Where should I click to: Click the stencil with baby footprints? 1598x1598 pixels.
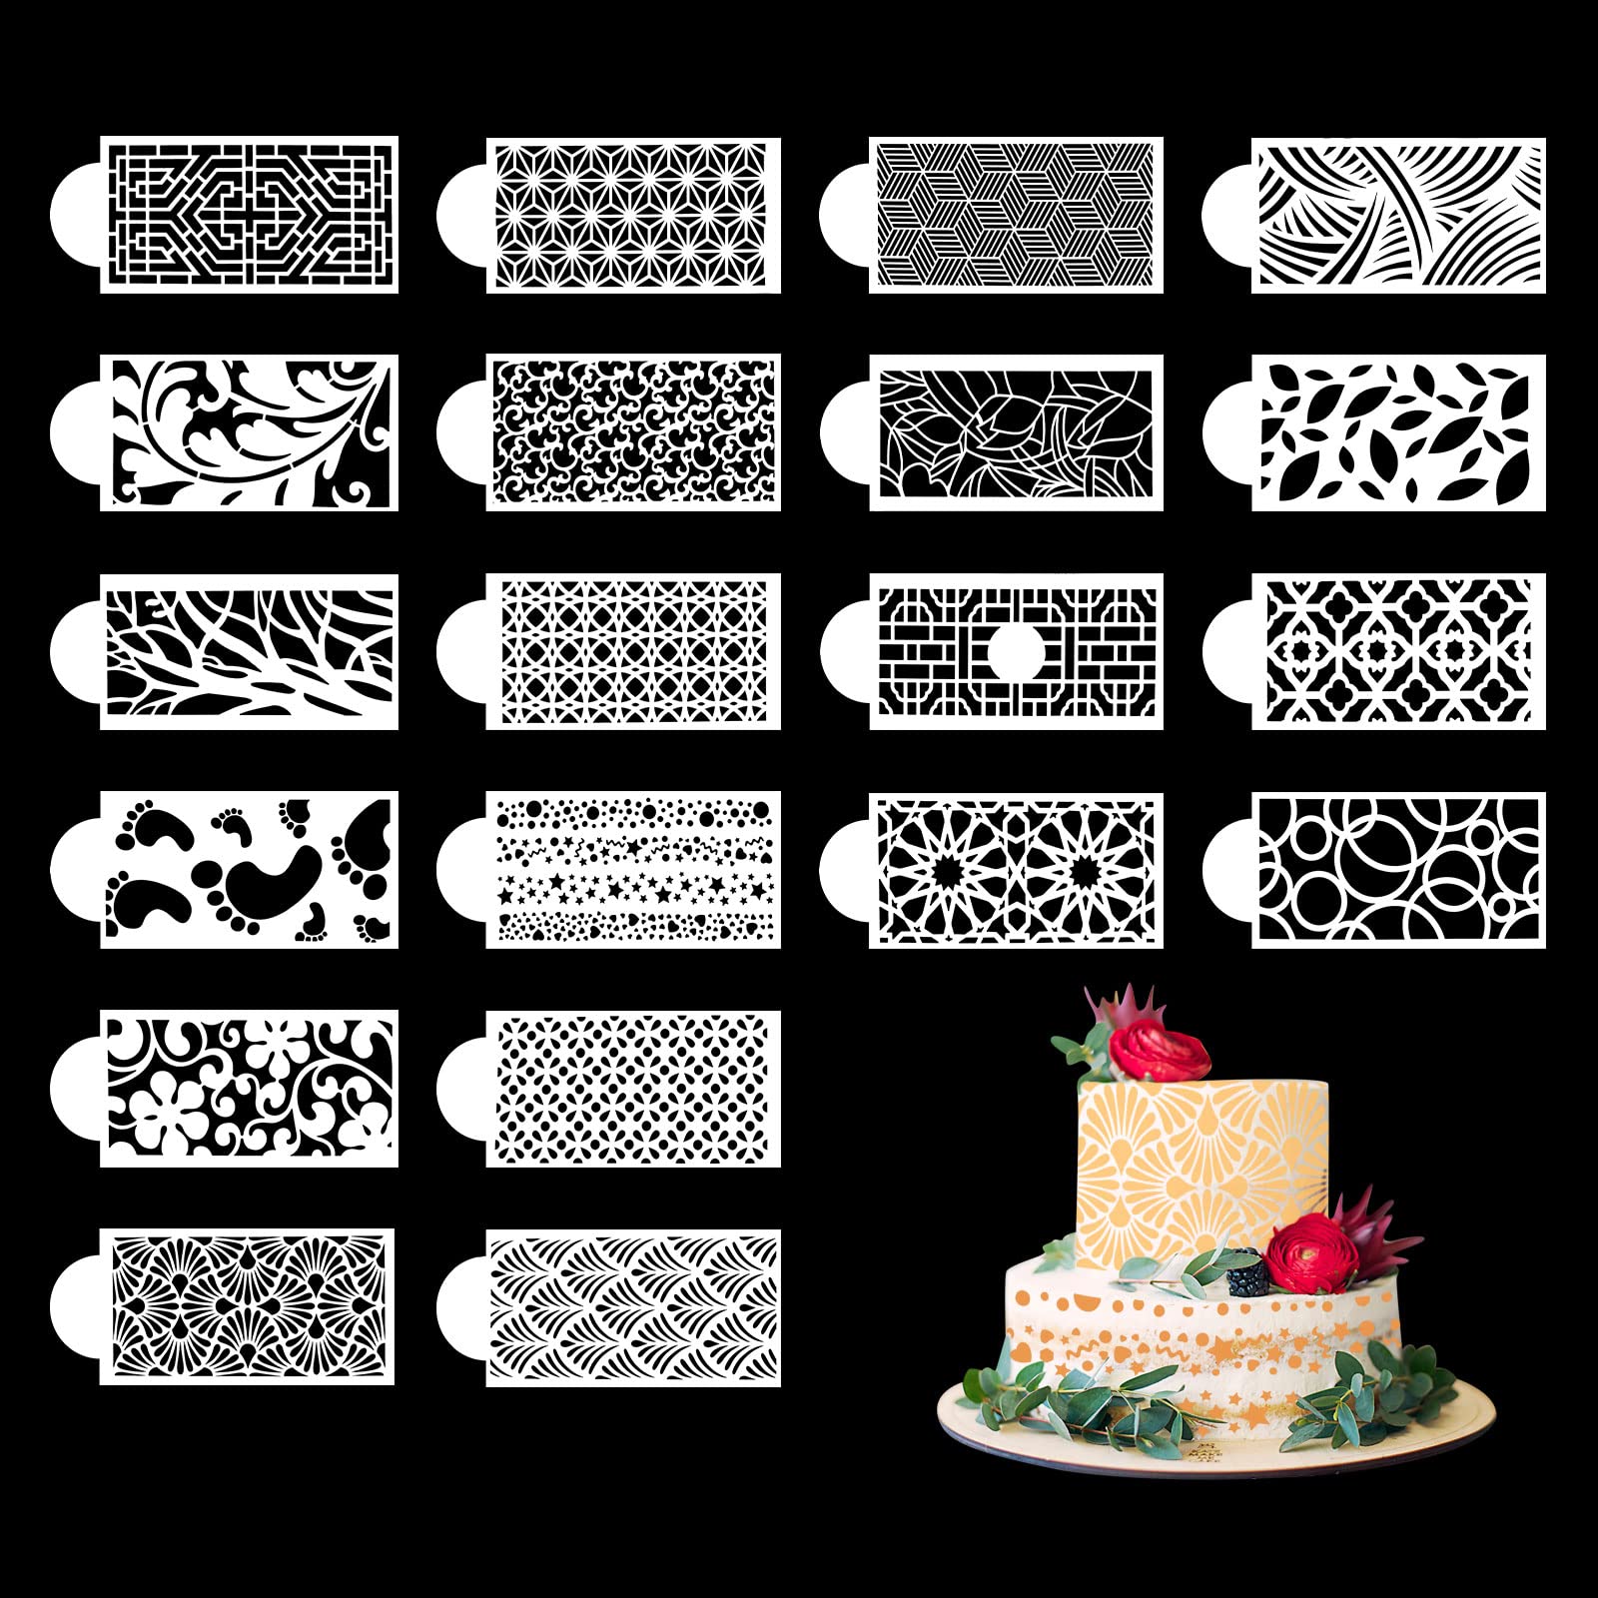(x=249, y=869)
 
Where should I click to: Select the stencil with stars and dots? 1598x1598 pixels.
(x=633, y=869)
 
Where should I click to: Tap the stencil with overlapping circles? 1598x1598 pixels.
(x=1398, y=869)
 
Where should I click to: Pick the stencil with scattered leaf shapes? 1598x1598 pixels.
(x=1398, y=431)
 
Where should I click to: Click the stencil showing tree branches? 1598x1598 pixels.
(x=249, y=650)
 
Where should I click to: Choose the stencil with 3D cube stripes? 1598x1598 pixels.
(x=1016, y=214)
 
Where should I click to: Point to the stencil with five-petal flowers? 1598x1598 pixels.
(x=249, y=1088)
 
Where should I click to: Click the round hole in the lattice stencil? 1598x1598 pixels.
(x=1016, y=651)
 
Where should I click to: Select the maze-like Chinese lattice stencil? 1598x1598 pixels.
(x=249, y=214)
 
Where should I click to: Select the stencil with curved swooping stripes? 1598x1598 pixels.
(x=1398, y=214)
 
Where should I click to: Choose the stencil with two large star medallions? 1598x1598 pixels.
(x=1016, y=869)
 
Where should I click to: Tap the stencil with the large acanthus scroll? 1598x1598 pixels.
(x=249, y=431)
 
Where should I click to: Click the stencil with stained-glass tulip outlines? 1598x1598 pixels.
(x=1016, y=431)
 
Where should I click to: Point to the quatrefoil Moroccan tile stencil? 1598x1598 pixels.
(x=1398, y=650)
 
